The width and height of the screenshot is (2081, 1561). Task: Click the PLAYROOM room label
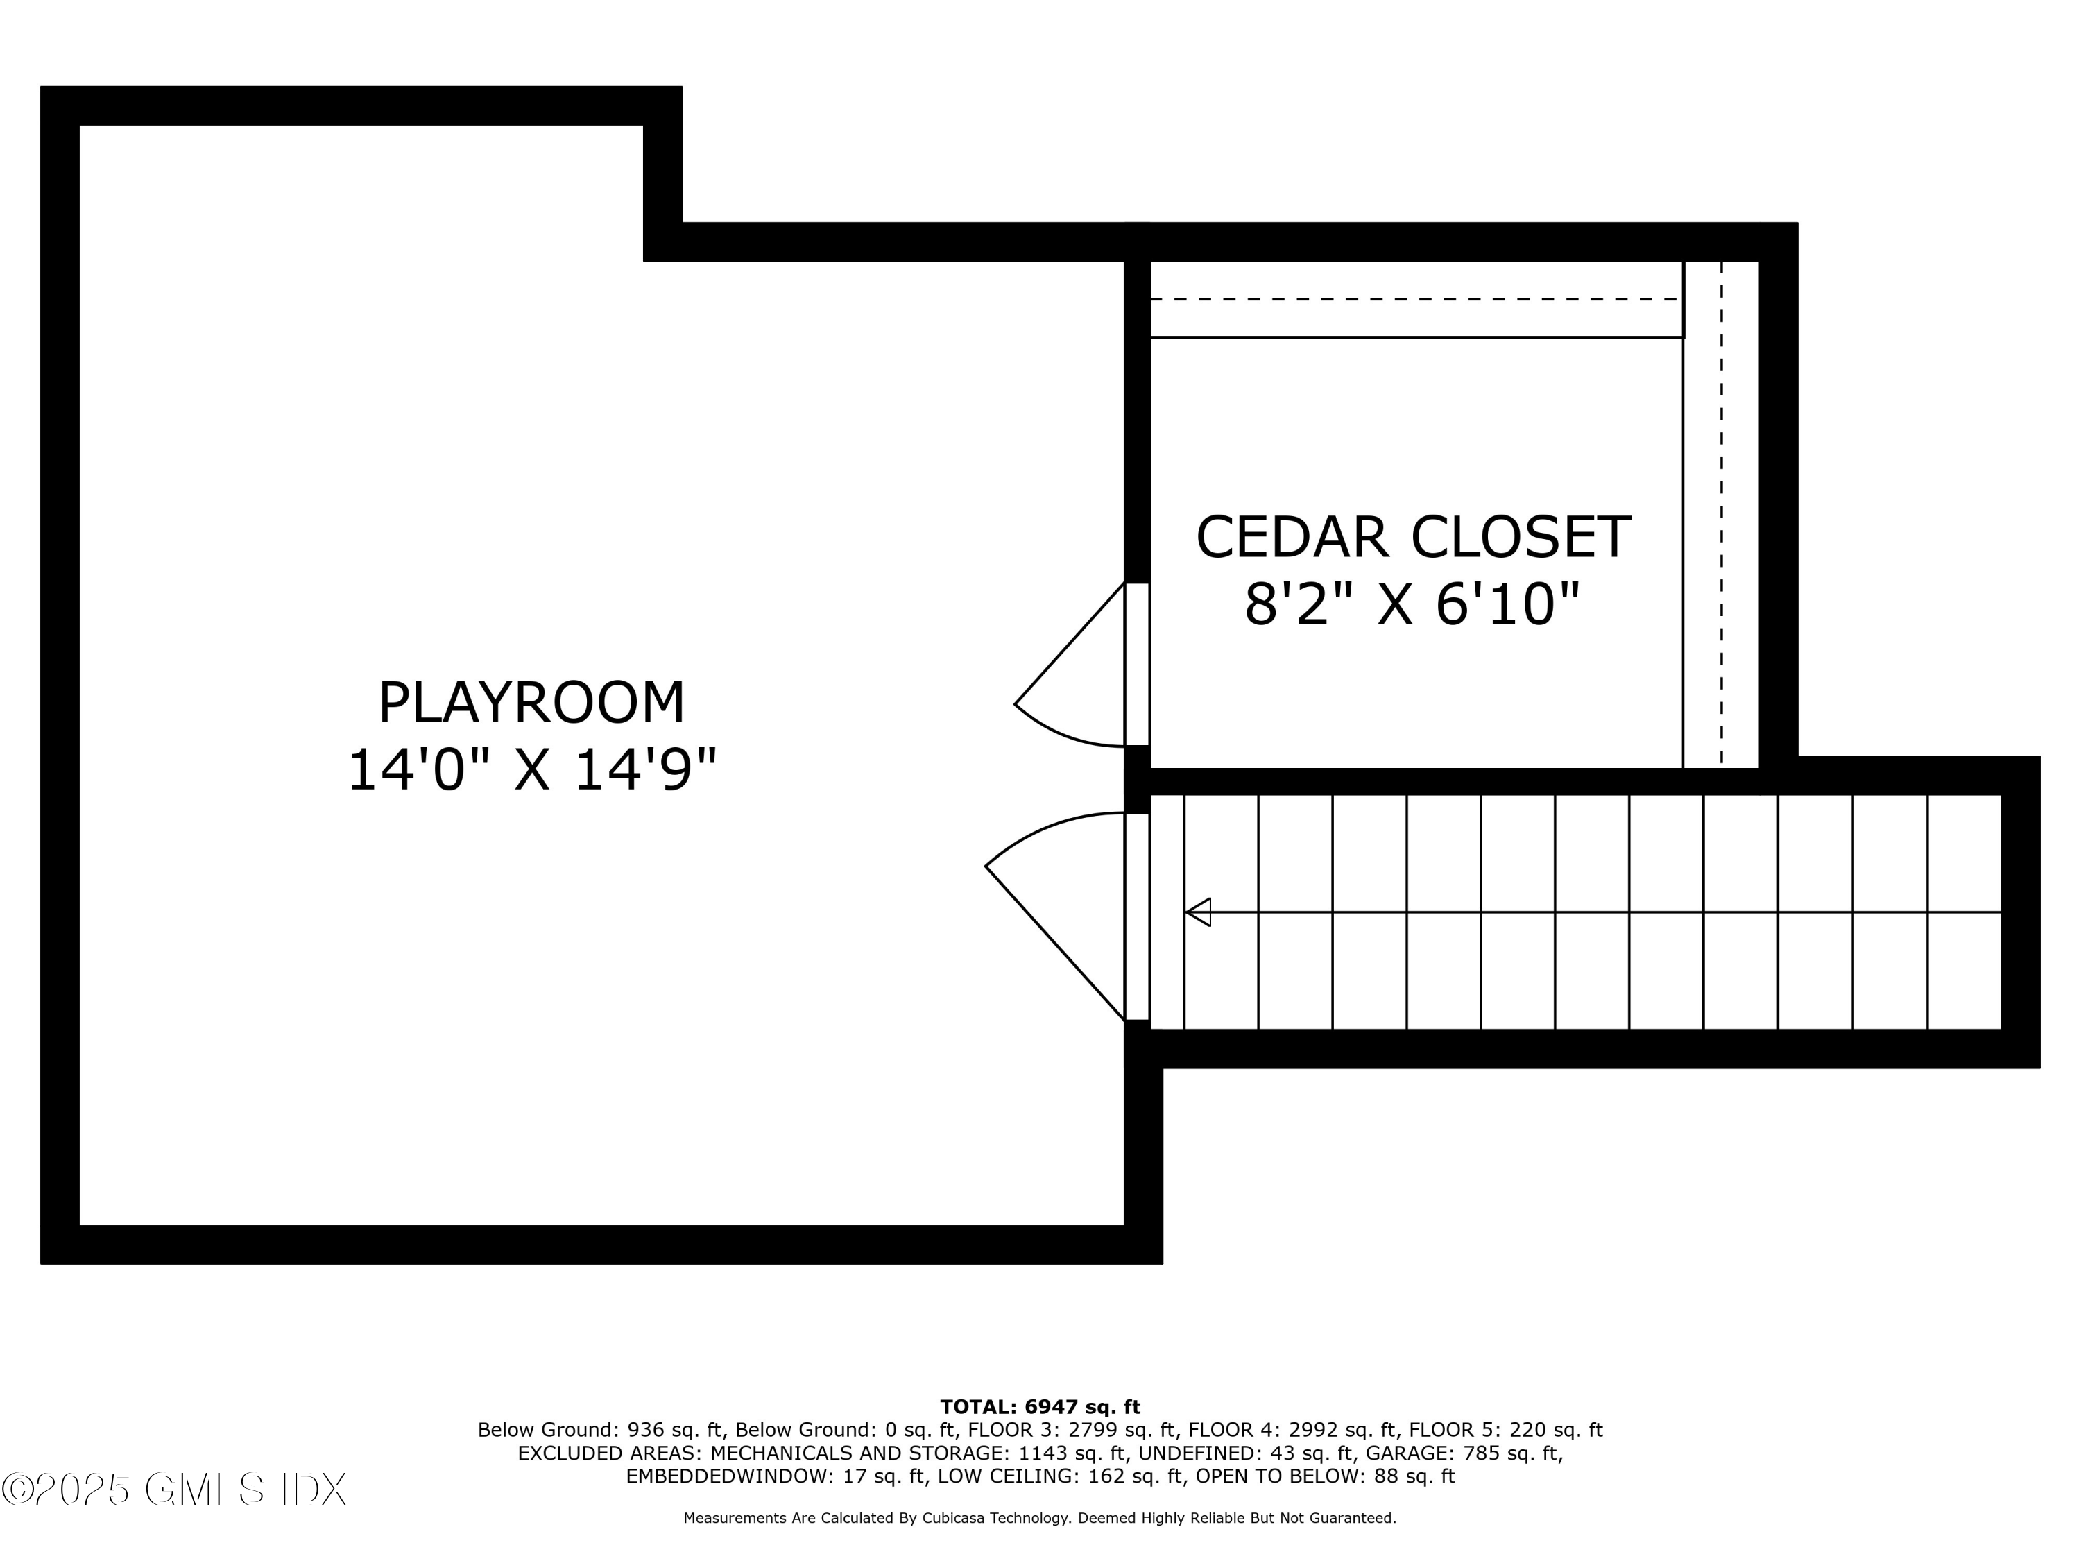(531, 703)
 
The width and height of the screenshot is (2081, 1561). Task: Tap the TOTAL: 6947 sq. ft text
(1040, 1407)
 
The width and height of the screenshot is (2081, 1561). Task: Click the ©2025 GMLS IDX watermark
(174, 1490)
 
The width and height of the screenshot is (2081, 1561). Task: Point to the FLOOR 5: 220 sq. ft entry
(1505, 1430)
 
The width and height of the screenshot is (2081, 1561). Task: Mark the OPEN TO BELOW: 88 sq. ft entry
(1326, 1476)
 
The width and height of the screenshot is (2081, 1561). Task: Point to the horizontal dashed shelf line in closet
(1416, 299)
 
